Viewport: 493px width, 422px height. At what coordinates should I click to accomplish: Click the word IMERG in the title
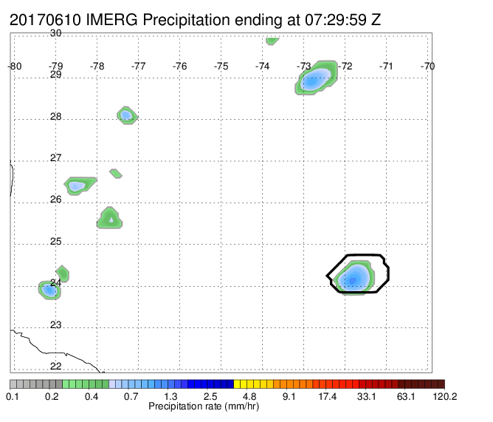[111, 20]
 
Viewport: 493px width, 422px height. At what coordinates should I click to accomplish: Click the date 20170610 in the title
[45, 20]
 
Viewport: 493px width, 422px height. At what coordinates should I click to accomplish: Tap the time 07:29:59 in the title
[336, 20]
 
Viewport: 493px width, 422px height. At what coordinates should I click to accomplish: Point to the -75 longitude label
[221, 66]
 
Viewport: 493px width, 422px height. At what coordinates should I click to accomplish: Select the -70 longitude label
[427, 66]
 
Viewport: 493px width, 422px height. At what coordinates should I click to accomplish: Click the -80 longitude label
[15, 66]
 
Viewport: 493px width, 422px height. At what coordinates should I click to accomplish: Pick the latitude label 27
[55, 157]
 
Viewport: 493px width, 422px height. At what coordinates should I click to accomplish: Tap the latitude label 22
[55, 366]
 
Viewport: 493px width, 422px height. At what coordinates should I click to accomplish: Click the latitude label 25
[55, 241]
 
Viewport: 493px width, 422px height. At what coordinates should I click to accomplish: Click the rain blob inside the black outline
[354, 277]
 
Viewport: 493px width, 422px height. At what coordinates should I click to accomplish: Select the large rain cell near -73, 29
[316, 77]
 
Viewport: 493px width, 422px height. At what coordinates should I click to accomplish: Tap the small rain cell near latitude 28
[127, 115]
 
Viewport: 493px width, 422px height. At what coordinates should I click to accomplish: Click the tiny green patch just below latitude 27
[116, 174]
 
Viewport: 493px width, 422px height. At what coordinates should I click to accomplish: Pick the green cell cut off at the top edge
[272, 41]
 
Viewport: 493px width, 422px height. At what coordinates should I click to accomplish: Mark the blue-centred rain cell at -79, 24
[49, 290]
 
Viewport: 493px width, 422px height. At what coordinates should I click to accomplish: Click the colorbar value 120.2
[445, 396]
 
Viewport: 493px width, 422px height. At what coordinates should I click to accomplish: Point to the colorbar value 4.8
[249, 396]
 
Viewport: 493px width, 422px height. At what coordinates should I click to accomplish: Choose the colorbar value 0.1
[13, 396]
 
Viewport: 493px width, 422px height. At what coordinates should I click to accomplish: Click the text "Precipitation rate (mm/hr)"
[204, 406]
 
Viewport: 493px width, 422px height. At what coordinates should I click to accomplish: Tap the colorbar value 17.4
[327, 396]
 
